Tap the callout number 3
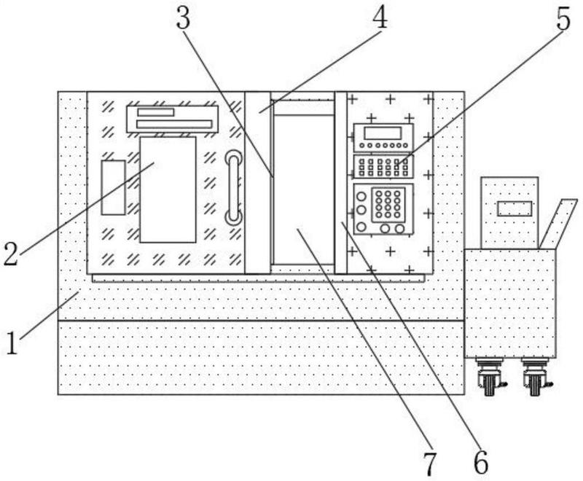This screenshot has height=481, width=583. [x=184, y=19]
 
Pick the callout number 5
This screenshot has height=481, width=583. [x=563, y=20]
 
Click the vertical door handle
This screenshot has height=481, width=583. [x=233, y=188]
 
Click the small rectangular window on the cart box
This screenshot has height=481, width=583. [x=515, y=208]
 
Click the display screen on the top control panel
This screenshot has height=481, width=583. [x=383, y=133]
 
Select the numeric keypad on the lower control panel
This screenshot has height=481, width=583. [x=388, y=205]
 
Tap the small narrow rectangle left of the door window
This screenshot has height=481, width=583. [x=114, y=187]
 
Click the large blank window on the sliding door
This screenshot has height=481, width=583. [x=168, y=189]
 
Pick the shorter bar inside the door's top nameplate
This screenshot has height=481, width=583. [x=155, y=112]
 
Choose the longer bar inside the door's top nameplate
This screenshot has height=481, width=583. [x=174, y=124]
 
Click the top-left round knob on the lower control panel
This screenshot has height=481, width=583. [x=361, y=196]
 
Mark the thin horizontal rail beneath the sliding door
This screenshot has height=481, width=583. [x=258, y=278]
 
